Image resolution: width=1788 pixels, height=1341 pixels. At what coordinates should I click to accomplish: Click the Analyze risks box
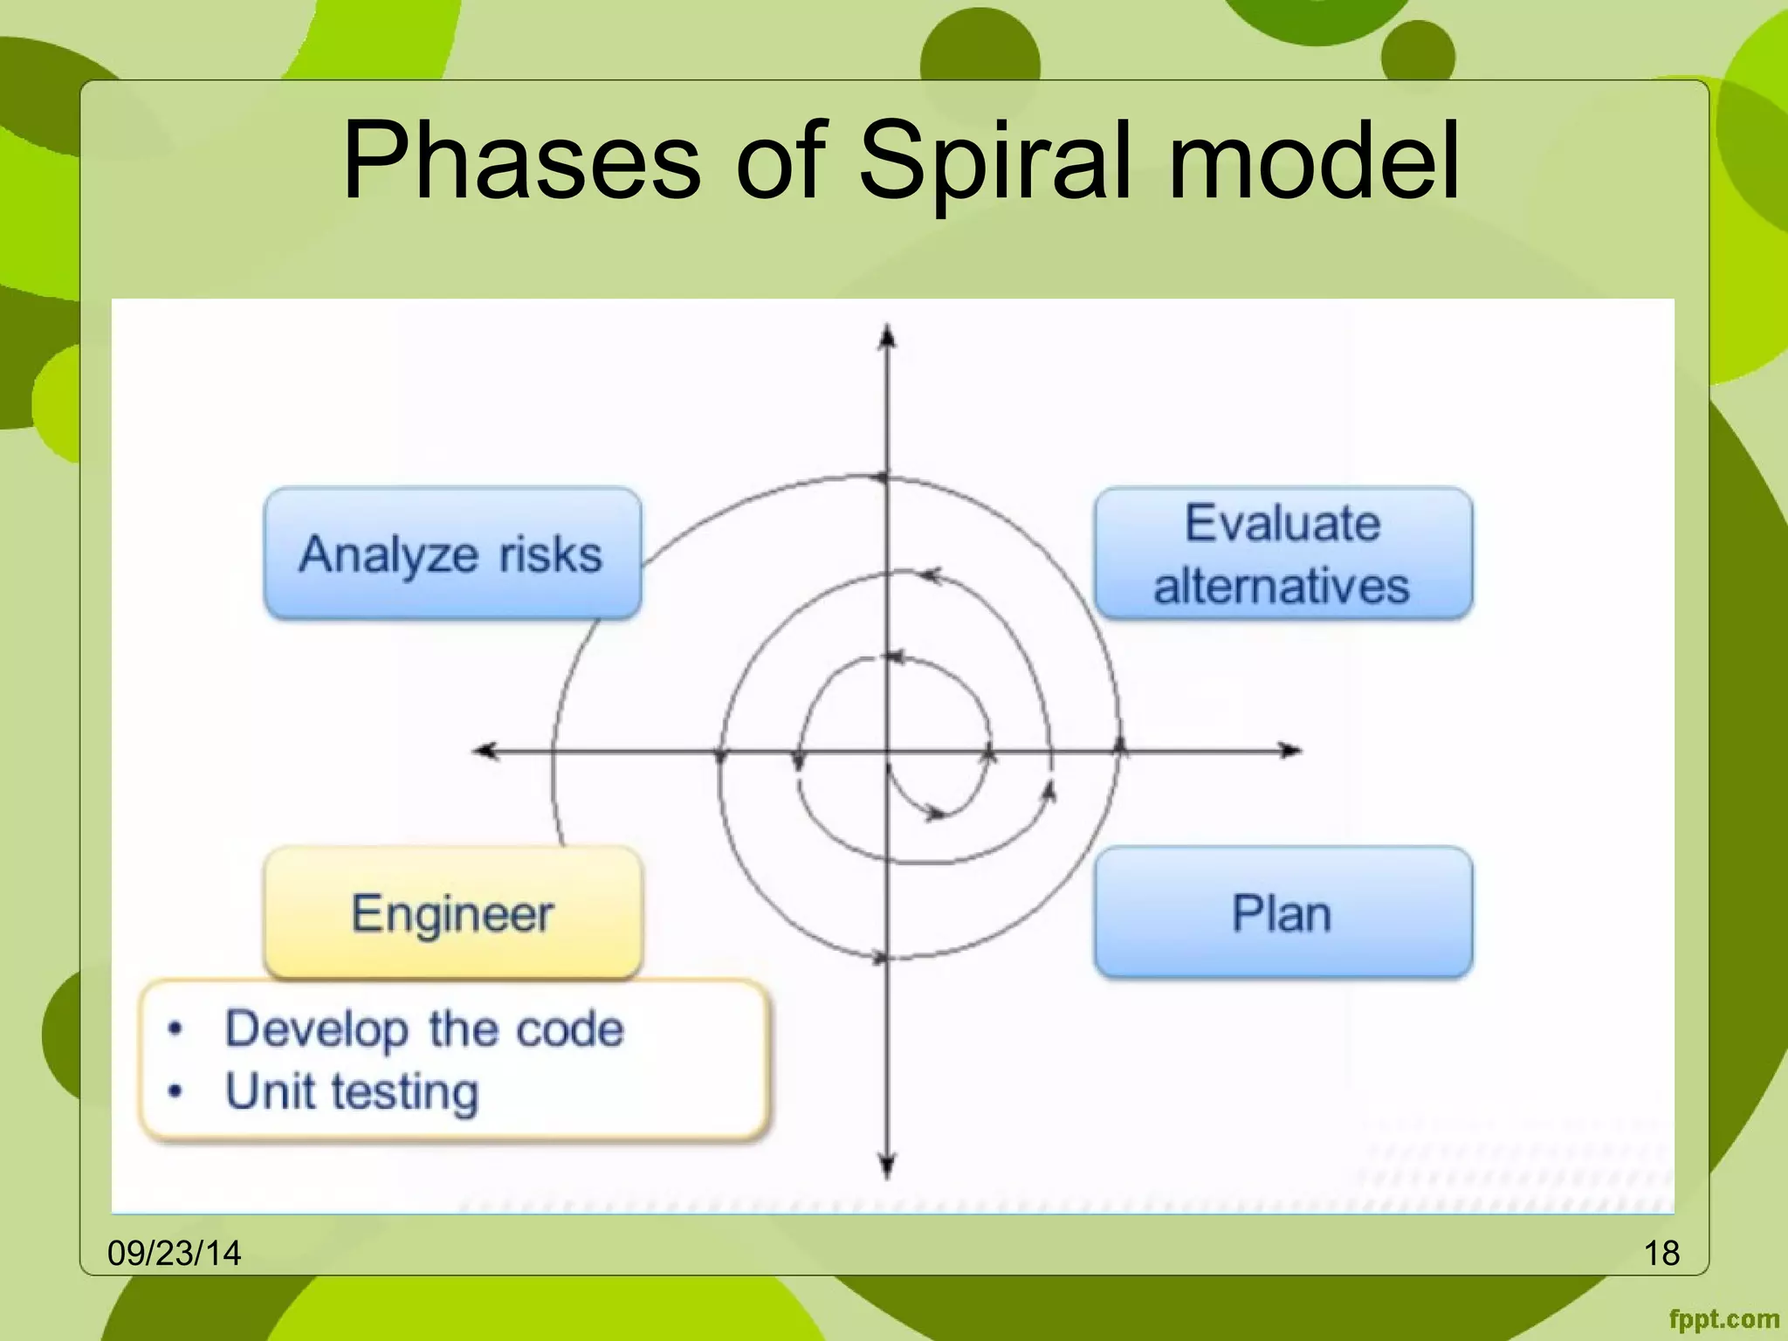coord(452,554)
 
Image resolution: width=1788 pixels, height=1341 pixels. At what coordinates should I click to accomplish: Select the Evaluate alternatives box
coord(1283,554)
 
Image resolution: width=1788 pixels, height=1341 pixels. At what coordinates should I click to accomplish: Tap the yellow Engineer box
coord(452,913)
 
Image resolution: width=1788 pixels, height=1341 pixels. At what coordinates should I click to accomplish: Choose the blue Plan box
coord(1283,913)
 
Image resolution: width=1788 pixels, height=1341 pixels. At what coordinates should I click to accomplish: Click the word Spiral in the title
coord(995,162)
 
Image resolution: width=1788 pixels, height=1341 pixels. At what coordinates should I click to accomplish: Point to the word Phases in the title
coord(521,162)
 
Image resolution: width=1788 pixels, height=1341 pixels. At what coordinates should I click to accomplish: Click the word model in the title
coord(1313,162)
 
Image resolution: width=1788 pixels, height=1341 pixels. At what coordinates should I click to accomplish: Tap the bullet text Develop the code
coord(424,1028)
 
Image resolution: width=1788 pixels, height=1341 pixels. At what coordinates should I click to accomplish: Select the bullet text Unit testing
coord(352,1091)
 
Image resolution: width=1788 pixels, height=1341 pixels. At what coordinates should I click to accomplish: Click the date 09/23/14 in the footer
coord(174,1254)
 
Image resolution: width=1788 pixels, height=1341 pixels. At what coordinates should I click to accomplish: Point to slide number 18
coord(1661,1254)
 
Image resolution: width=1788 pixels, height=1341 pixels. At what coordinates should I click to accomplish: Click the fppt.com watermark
coord(1723,1319)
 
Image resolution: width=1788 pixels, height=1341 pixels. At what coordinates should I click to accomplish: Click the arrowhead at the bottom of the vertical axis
coord(887,1166)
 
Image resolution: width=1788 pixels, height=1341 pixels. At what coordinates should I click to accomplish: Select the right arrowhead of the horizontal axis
coord(1289,750)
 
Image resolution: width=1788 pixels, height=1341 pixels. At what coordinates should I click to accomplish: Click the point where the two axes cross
coord(887,750)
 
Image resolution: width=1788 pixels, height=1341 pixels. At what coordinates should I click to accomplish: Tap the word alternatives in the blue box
coord(1282,585)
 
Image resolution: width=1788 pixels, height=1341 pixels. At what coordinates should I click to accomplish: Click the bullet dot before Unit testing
coord(175,1091)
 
